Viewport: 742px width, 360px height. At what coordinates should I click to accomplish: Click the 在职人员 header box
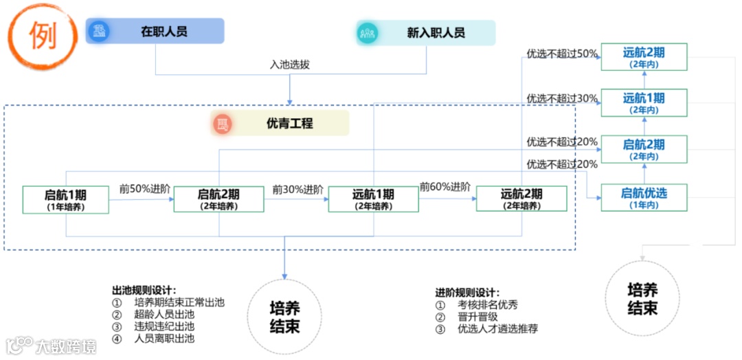click(x=155, y=32)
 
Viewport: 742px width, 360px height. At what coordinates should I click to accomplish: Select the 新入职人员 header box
click(x=426, y=32)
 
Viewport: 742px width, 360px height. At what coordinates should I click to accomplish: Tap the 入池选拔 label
click(x=289, y=65)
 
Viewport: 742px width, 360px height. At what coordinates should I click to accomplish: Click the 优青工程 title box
click(x=280, y=124)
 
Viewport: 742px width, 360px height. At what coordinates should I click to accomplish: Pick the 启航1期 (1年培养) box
click(x=66, y=199)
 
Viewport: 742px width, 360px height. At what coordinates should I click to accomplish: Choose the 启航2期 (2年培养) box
click(x=218, y=199)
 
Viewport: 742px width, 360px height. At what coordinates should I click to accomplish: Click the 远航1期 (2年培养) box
click(x=373, y=199)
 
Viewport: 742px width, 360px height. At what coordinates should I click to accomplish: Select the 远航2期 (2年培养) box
click(x=521, y=199)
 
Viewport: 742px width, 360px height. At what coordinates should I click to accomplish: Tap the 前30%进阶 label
click(x=297, y=189)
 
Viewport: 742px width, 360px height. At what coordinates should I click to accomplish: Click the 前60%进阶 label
click(x=445, y=187)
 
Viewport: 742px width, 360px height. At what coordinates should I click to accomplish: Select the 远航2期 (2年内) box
click(x=644, y=56)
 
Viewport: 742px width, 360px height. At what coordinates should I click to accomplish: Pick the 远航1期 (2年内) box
click(x=644, y=102)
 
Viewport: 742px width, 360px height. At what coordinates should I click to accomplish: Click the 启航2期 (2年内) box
click(x=644, y=149)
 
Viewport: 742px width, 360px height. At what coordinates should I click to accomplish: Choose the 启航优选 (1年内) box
click(x=644, y=197)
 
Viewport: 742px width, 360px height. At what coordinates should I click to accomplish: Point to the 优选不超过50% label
click(x=562, y=54)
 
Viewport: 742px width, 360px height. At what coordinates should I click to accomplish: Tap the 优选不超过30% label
click(x=562, y=98)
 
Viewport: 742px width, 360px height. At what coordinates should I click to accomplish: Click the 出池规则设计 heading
click(x=144, y=290)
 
